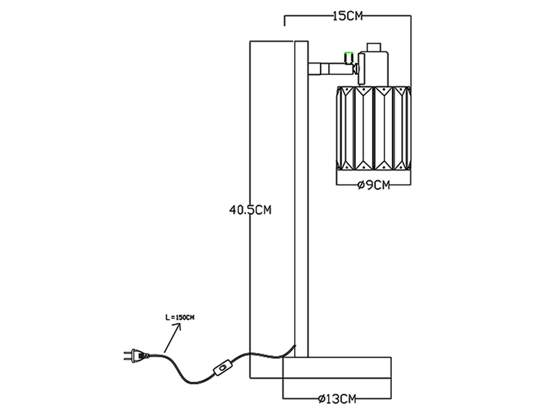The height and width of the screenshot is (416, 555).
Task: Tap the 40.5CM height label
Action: (250, 209)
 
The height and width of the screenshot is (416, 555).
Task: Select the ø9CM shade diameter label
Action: (373, 185)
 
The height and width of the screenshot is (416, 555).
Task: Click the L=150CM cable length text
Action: (180, 318)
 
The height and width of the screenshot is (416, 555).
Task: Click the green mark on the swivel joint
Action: (349, 55)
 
